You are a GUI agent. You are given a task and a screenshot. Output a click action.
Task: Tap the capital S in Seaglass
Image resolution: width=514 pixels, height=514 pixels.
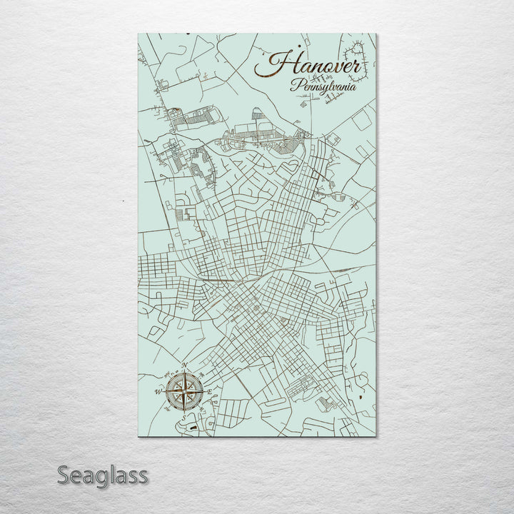[64, 474]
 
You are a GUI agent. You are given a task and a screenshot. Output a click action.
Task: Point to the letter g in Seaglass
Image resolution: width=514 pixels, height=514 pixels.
[99, 477]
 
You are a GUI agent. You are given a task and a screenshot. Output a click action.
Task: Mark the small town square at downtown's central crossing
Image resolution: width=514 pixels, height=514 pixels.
[255, 308]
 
